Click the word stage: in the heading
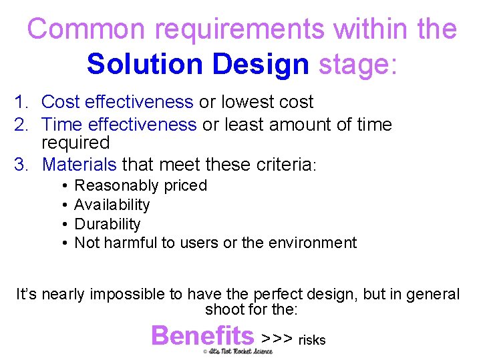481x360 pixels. [x=357, y=65]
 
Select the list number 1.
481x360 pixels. [x=22, y=102]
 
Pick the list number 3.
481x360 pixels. [x=22, y=164]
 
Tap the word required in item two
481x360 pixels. [x=75, y=143]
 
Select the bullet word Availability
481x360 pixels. [x=112, y=205]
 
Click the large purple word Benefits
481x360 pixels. [x=202, y=335]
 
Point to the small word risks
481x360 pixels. [x=312, y=340]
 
